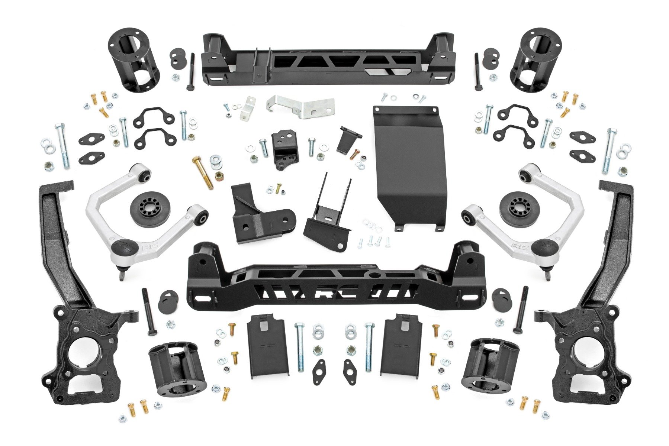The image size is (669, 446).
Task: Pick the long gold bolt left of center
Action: (x=203, y=173)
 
